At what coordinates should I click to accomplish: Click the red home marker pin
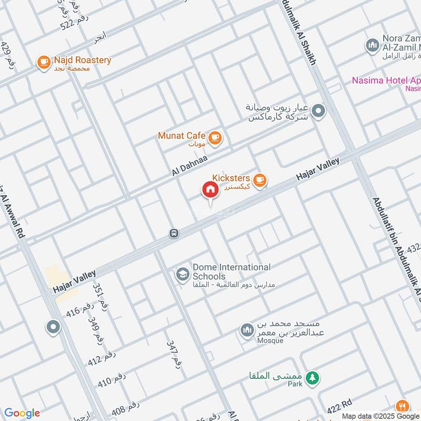210,190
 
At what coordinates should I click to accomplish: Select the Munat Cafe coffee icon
215,138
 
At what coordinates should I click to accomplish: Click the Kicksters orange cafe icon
259,181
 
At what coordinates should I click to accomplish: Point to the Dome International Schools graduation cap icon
183,275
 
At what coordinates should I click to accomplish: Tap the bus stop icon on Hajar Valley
174,233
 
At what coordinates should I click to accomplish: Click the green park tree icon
313,377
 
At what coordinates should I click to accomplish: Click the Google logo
22,413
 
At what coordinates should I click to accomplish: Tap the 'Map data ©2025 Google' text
382,416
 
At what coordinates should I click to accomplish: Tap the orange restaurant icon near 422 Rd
403,406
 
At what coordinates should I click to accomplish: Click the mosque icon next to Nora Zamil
373,44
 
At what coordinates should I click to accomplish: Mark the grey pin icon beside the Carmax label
318,111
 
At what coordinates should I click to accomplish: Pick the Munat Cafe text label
182,136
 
